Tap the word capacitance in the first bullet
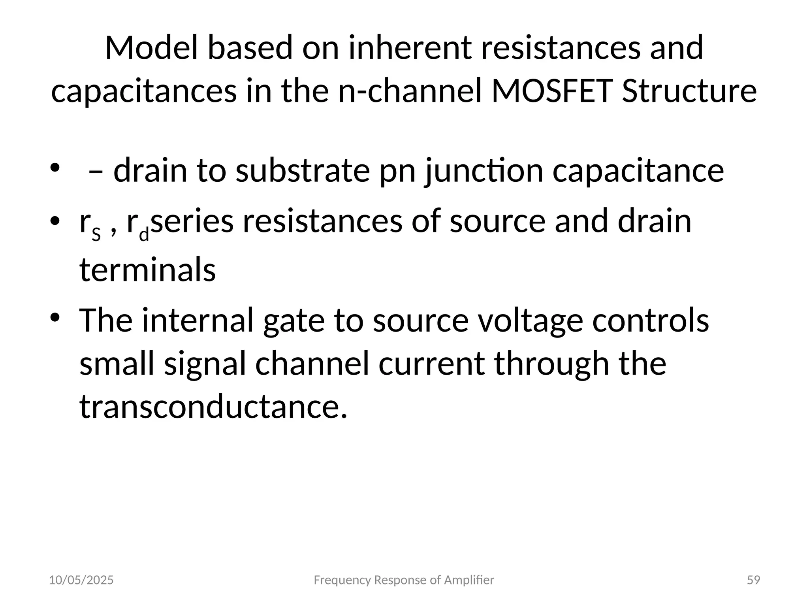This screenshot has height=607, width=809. tap(638, 170)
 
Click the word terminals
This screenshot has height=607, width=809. tap(147, 270)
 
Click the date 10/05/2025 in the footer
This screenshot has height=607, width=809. tap(81, 580)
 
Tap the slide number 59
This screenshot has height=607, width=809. tap(754, 580)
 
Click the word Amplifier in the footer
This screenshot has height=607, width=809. tap(469, 580)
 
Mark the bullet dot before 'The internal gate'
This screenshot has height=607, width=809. tap(55, 318)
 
